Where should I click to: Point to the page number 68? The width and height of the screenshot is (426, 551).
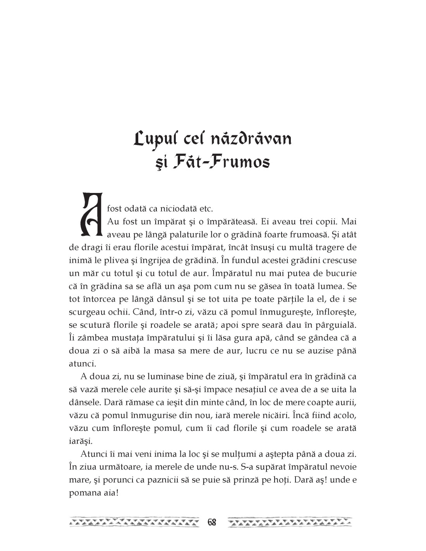click(x=212, y=522)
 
